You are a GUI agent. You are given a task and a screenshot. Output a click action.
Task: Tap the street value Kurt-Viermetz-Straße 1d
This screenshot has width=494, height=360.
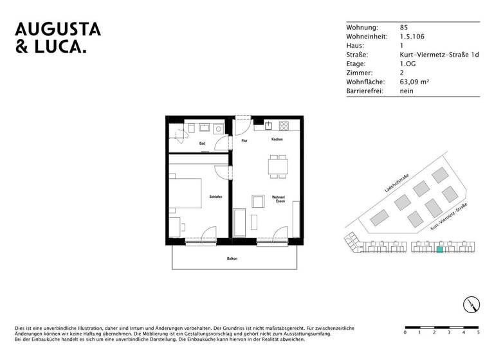pyautogui.click(x=439, y=55)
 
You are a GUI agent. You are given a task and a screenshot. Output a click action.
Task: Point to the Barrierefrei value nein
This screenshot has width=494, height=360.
pyautogui.click(x=407, y=91)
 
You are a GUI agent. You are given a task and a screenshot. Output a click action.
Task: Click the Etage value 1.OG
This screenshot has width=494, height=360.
pyautogui.click(x=408, y=64)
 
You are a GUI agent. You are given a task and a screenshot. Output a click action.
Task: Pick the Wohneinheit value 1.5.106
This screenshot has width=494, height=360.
pyautogui.click(x=412, y=37)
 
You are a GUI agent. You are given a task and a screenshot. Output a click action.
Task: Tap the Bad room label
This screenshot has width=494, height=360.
pyautogui.click(x=202, y=144)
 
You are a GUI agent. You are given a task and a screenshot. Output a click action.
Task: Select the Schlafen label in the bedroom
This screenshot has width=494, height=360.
pyautogui.click(x=215, y=197)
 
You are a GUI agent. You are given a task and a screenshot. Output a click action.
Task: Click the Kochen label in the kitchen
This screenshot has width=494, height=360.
pyautogui.click(x=277, y=139)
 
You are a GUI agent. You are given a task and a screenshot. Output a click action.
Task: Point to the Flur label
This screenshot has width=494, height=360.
pyautogui.click(x=244, y=140)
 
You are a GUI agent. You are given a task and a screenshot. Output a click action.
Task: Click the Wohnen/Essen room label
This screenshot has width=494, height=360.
pyautogui.click(x=278, y=199)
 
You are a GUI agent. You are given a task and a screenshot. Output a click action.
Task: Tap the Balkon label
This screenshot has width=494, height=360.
pyautogui.click(x=232, y=258)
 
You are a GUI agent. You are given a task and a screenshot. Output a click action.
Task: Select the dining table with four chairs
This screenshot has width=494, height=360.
pyautogui.click(x=279, y=166)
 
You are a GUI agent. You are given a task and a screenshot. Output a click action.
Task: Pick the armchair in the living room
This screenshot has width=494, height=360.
pyautogui.click(x=258, y=201)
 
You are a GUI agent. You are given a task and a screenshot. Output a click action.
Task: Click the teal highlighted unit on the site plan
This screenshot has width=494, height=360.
pyautogui.click(x=440, y=251)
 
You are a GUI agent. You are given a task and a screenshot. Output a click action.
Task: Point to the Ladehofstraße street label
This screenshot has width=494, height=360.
pyautogui.click(x=397, y=183)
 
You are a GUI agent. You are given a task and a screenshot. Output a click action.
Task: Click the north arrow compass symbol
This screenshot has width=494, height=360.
pyautogui.click(x=471, y=305)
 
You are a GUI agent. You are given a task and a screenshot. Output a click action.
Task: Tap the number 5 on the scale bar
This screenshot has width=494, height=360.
pyautogui.click(x=478, y=333)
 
